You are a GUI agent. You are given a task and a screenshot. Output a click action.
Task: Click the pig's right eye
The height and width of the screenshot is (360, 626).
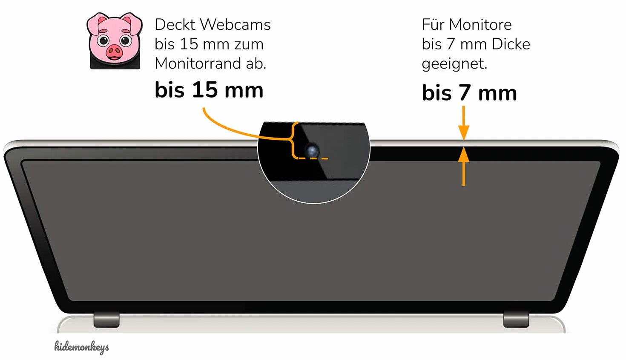click(125, 40)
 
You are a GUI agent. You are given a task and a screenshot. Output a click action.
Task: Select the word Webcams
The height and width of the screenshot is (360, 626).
click(235, 25)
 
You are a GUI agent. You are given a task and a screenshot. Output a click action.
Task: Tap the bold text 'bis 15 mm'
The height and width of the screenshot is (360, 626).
click(209, 90)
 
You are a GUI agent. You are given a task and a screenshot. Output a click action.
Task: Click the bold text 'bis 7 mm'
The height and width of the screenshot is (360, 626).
click(469, 92)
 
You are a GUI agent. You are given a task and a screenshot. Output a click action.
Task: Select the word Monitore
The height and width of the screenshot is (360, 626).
click(480, 25)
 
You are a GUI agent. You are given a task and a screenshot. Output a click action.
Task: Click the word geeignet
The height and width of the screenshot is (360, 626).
click(454, 64)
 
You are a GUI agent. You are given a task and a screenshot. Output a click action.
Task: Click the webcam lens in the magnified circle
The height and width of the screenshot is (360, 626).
click(312, 151)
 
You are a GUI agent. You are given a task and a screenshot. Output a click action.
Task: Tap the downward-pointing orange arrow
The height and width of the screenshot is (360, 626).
click(464, 123)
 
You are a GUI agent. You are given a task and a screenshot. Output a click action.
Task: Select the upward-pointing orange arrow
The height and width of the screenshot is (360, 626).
click(464, 167)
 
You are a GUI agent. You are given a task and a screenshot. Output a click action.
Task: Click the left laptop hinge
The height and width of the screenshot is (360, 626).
click(106, 319)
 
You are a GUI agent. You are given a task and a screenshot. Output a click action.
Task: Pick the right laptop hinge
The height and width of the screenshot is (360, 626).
click(516, 319)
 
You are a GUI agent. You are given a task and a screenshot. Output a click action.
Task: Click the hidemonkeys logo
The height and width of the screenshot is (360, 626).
click(82, 347)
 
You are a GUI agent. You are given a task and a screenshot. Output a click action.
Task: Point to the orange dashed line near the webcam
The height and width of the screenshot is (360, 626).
click(313, 158)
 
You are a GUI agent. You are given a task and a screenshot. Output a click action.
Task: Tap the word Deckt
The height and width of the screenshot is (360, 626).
click(175, 25)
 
